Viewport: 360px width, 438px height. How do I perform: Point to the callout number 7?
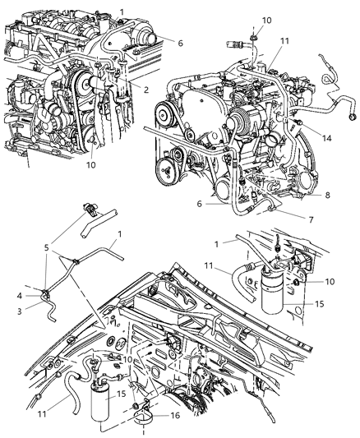(x=309, y=220)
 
